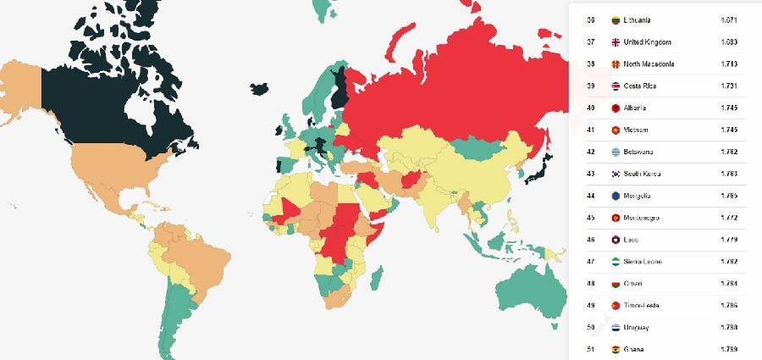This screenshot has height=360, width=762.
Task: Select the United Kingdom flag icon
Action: (615, 42)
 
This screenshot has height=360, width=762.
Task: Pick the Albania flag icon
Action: (615, 108)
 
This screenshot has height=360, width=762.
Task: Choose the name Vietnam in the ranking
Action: (635, 130)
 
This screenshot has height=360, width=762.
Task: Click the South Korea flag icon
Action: (615, 174)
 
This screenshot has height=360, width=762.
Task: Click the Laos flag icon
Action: (615, 241)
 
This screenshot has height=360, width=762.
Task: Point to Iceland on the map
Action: (262, 87)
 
